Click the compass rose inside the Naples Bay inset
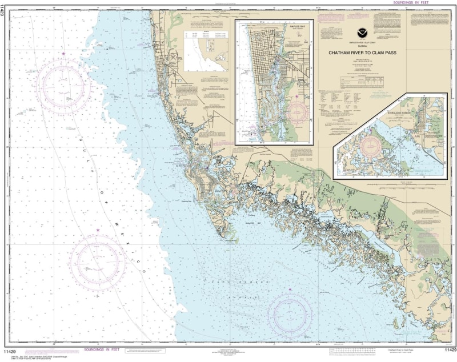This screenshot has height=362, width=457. coord(298,111)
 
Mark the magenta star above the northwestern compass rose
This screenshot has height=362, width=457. coord(63,54)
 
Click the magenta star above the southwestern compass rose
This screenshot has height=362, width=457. coord(98,230)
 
